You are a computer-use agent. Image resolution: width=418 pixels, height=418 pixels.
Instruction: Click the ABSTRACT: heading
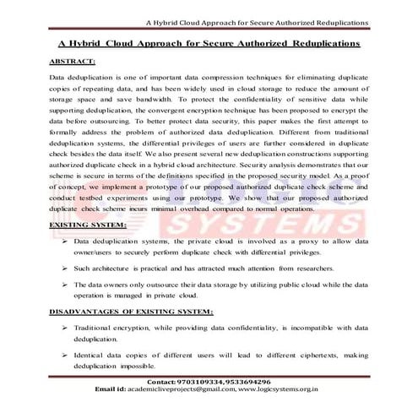coord(73,62)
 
